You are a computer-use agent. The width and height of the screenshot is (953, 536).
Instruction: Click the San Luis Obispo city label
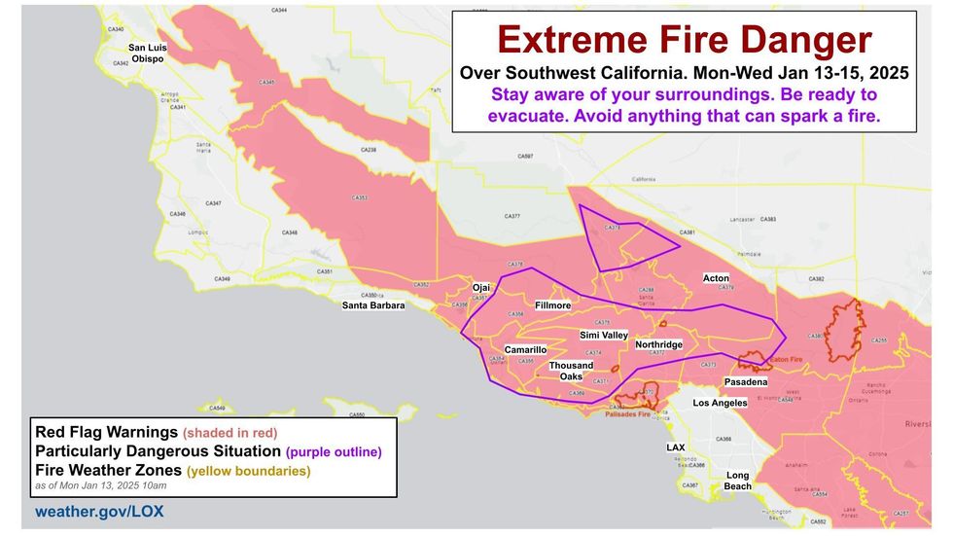click(148, 53)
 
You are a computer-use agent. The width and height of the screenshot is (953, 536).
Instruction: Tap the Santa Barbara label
click(373, 305)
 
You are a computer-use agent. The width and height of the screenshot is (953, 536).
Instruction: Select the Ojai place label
click(481, 288)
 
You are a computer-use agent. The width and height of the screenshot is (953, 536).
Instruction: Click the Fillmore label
click(552, 304)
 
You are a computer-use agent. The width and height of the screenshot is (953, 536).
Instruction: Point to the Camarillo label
click(525, 349)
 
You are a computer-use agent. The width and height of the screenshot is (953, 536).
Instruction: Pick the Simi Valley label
click(603, 335)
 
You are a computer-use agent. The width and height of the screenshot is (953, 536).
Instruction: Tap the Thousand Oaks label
click(572, 371)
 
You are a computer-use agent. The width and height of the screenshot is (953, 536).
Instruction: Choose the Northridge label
click(658, 344)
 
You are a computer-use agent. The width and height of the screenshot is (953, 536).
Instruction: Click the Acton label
click(716, 278)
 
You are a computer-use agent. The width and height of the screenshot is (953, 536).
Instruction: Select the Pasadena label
click(746, 382)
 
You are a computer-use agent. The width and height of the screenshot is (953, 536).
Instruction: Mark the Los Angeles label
click(720, 402)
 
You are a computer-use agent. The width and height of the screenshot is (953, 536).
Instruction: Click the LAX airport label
click(675, 447)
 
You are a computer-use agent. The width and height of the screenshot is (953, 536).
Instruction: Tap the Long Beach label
click(738, 480)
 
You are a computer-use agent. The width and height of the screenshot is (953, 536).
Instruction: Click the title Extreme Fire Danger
click(685, 40)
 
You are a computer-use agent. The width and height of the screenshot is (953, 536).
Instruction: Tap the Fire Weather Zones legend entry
click(172, 471)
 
